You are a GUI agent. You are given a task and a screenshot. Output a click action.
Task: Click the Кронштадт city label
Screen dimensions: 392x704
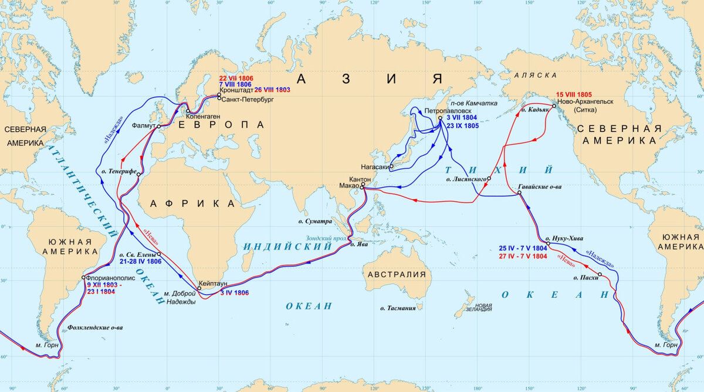pyautogui.click(x=236, y=90)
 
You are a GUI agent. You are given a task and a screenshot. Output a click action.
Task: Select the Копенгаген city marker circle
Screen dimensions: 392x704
pyautogui.click(x=188, y=111)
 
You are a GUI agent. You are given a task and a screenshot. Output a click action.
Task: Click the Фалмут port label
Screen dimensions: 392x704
pyautogui.click(x=144, y=125)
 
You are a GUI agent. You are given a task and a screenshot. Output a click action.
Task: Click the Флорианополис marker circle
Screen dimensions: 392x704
pyautogui.click(x=84, y=278)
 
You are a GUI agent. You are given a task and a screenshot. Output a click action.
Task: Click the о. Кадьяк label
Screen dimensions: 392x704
pyautogui.click(x=534, y=110)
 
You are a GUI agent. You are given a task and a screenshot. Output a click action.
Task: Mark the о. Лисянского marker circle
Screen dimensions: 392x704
pyautogui.click(x=489, y=178)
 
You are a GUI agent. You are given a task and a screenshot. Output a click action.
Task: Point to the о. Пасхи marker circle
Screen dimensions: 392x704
pyautogui.click(x=600, y=274)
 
